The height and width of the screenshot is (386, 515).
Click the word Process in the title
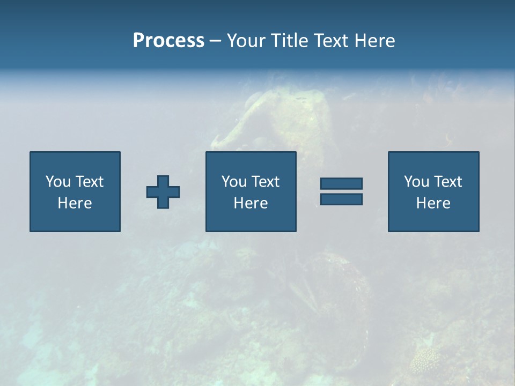click(x=168, y=41)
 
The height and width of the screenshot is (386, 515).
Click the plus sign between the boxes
click(x=163, y=192)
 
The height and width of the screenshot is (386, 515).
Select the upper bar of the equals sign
click(x=341, y=184)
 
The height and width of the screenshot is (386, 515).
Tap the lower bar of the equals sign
click(x=341, y=199)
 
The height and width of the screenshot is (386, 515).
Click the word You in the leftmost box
click(x=57, y=182)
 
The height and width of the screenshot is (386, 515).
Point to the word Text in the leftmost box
click(x=89, y=182)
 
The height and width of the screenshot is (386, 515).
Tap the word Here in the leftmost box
click(x=75, y=203)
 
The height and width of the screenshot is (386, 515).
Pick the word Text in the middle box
click(x=264, y=182)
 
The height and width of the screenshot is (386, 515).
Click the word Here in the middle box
click(x=251, y=203)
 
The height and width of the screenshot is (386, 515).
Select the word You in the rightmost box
click(x=416, y=182)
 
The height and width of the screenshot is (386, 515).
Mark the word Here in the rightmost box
click(x=433, y=203)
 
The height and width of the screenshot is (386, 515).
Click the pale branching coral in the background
click(x=425, y=360)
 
